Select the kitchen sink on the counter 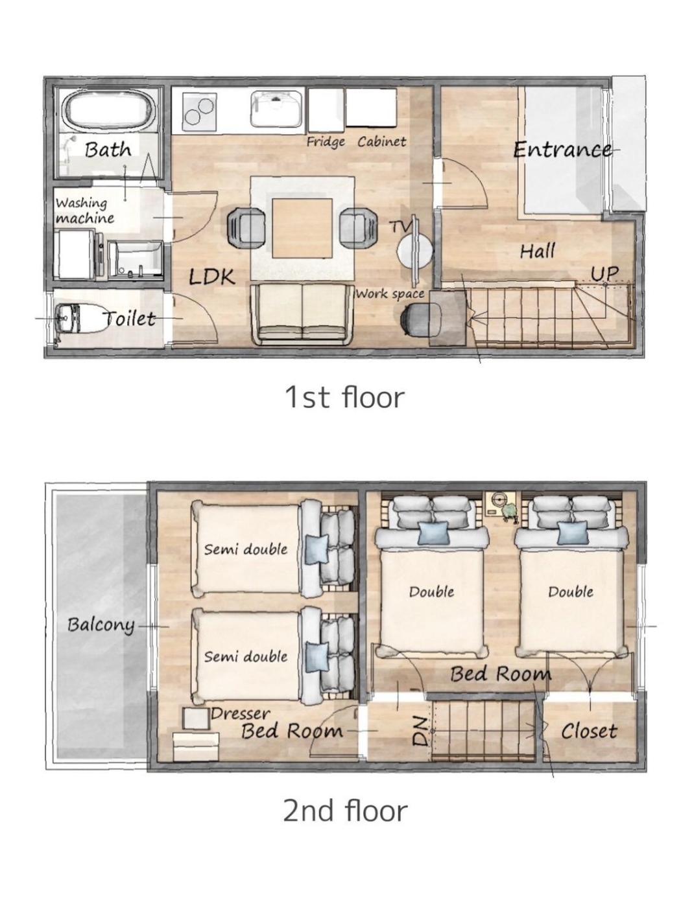276,109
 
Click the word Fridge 326,142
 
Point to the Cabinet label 381,142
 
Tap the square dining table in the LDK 302,227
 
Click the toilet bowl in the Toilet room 82,318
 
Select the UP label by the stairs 604,273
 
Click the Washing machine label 85,211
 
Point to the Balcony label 101,625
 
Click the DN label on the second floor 419,732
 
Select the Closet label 589,731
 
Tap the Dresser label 241,714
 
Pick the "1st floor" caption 344,397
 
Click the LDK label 212,277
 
